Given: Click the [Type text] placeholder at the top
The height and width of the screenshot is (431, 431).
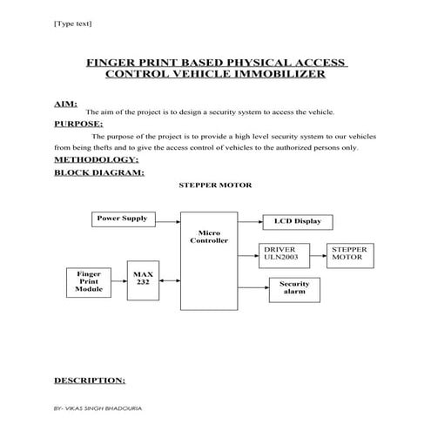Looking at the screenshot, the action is coord(73,24).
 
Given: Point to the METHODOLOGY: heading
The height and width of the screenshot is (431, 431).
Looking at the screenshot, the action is coord(96,159).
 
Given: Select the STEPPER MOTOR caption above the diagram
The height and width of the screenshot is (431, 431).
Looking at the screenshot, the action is coord(215,185).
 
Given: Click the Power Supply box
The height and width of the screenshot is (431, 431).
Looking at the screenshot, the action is coord(122,219).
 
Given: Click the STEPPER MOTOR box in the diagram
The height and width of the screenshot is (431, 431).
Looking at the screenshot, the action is coord(350,253).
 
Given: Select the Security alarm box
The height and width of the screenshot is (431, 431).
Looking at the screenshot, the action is coord(293,288).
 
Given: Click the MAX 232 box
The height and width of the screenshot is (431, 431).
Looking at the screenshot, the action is coord(143,279).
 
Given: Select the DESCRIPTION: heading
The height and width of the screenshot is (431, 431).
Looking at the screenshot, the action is coord(90,380).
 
